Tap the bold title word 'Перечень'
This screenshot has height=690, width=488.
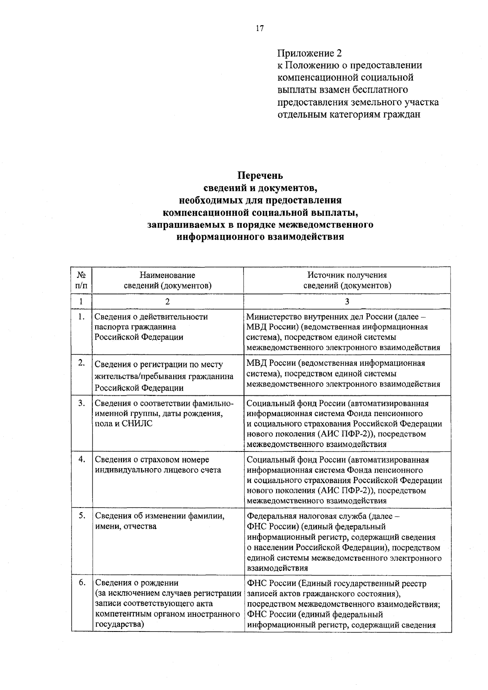click(x=260, y=176)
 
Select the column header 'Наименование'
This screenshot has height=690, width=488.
click(x=168, y=276)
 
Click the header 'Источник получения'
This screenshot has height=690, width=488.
click(x=347, y=276)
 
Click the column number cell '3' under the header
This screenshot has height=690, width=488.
click(x=347, y=301)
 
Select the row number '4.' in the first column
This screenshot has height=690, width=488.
click(x=82, y=459)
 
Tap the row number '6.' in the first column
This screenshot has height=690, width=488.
click(x=82, y=583)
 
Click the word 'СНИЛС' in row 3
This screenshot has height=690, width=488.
click(x=137, y=424)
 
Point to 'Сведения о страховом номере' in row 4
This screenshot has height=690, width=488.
click(x=152, y=460)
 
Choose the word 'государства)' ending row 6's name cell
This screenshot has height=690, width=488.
click(x=120, y=625)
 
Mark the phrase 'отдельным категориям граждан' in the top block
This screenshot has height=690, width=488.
click(x=349, y=114)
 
